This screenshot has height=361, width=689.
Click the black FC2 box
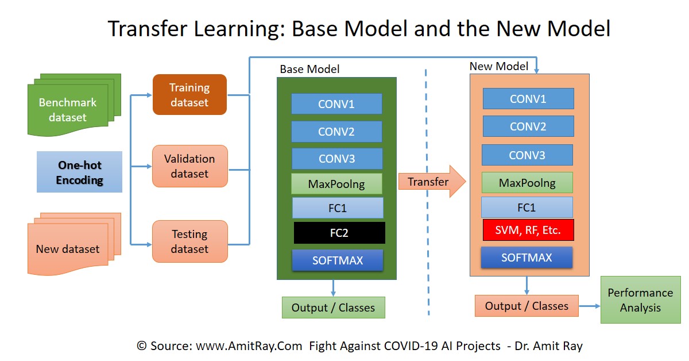pos(339,233)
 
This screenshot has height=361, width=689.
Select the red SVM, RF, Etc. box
pos(528,231)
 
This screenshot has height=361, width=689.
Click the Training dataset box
pos(189,95)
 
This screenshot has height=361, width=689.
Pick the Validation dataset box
pos(189,166)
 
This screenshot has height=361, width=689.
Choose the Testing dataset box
pos(189,241)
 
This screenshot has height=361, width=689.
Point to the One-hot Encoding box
pos(80,172)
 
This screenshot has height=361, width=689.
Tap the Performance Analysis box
pos(640,300)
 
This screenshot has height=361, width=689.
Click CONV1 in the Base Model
pos(336,104)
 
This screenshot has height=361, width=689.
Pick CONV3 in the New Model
pos(527,155)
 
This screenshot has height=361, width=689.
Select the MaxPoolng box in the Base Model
pos(336,184)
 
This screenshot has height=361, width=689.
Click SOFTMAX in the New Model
pos(527,258)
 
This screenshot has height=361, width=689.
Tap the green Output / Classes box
pos(333,308)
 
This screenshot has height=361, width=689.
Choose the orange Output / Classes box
pos(527,306)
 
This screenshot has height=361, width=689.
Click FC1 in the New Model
pos(527,208)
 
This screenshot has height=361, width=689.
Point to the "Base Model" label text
pos(309,70)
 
